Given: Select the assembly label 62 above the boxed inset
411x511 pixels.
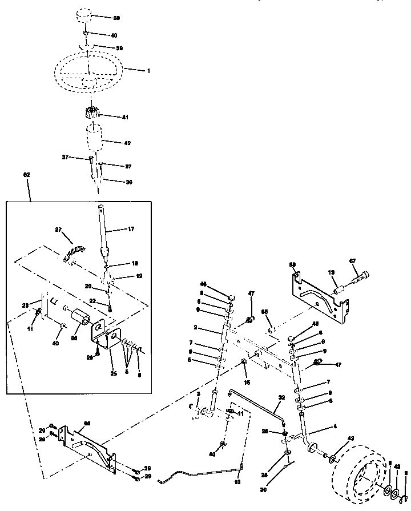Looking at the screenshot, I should (26, 174).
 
